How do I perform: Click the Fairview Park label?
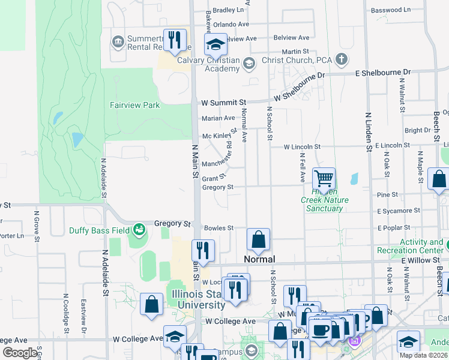pos(134,105)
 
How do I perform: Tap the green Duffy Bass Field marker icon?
pos(139,229)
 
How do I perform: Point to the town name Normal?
pos(259,259)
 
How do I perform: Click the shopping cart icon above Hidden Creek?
pos(324,178)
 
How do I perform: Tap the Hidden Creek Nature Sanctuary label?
pos(324,203)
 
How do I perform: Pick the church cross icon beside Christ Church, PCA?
pos(342,59)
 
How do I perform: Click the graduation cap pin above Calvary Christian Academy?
pos(215,44)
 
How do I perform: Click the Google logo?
pos(20,352)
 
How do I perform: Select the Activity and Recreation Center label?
pos(413,246)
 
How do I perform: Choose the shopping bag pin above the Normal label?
pos(258,239)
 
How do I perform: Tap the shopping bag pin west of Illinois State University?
pos(152,303)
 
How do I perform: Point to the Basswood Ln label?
pos(390,10)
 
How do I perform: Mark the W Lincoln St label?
pos(302,146)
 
